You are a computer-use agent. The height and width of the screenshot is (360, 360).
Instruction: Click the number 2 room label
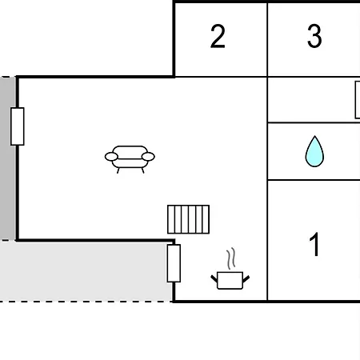[x=218, y=36]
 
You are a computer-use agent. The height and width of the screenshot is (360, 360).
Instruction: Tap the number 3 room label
[x=314, y=36]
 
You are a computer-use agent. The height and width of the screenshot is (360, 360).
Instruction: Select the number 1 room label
[x=314, y=244]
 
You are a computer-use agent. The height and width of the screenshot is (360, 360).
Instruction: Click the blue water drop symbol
[x=314, y=151]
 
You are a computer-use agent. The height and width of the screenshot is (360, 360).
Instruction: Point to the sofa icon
[x=130, y=159]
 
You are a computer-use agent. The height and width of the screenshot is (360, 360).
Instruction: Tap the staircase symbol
[x=188, y=219]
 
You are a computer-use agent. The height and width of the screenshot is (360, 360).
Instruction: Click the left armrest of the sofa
[x=111, y=157]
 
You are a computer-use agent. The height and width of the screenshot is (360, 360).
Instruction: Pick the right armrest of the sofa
[x=148, y=157]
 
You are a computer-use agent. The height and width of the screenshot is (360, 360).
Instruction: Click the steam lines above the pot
[x=231, y=258]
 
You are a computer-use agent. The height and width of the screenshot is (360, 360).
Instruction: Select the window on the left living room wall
[x=18, y=126]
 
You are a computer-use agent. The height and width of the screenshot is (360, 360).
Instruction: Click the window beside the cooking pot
[x=174, y=263]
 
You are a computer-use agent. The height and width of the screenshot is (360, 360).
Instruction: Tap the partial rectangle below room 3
[x=358, y=100]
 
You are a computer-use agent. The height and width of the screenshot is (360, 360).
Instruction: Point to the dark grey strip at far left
[x=7, y=158]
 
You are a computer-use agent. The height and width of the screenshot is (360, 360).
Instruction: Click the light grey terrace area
[x=86, y=271]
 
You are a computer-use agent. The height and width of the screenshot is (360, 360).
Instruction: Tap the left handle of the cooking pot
[x=214, y=279]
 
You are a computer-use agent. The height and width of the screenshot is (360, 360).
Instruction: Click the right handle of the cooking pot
[x=246, y=279]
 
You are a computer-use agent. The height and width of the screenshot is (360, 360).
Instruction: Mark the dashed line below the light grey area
[x=86, y=302]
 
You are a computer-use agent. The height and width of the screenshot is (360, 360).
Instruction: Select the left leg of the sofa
[x=118, y=170]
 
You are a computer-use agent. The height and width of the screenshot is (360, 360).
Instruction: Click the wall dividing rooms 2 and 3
[x=267, y=39]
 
